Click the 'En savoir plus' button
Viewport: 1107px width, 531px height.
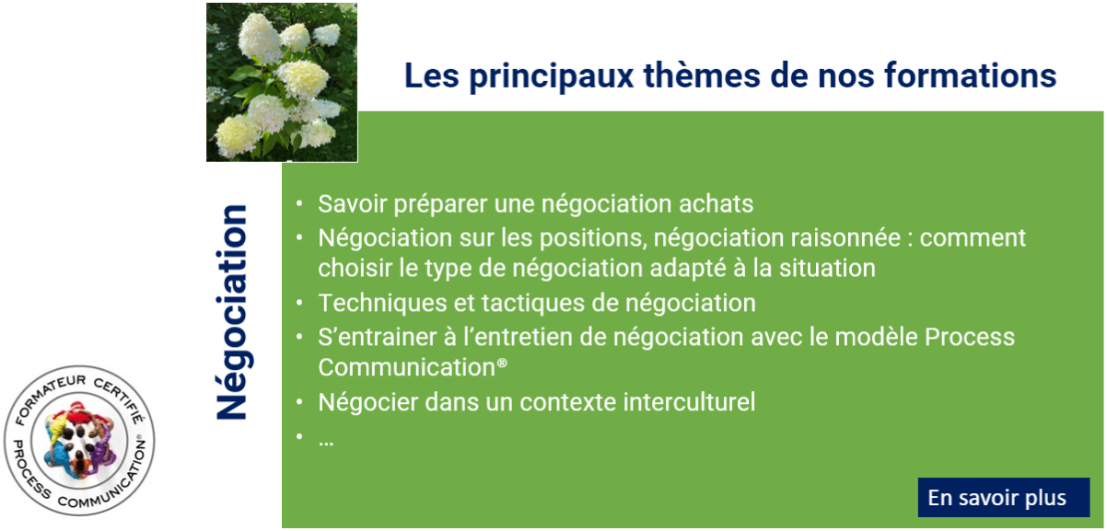pos(1003,498)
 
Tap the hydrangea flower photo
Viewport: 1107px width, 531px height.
pos(282,82)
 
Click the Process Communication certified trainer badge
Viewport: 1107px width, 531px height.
pos(79,440)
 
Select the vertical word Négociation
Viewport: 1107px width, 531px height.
pos(231,312)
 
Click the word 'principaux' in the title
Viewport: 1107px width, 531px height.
pos(552,76)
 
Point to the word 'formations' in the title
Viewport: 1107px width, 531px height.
pos(971,75)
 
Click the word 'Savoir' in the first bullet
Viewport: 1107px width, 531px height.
pos(353,203)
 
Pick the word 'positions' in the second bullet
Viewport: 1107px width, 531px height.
pos(593,238)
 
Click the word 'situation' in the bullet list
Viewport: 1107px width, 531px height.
pos(827,268)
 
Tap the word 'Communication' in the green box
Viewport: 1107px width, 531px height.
pos(407,367)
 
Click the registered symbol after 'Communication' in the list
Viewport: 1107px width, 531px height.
pos(502,364)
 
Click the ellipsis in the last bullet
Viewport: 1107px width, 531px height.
pos(326,443)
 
